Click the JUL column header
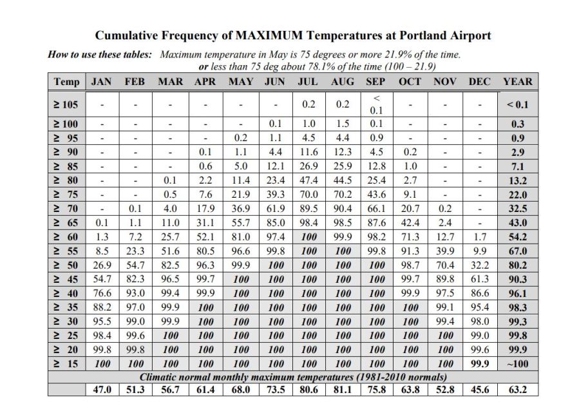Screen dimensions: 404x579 click(x=307, y=81)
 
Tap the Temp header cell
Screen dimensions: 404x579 click(x=67, y=81)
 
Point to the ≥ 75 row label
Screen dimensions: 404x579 click(x=67, y=195)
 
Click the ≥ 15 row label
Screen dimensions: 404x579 click(x=67, y=363)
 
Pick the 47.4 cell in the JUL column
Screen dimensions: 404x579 click(x=307, y=180)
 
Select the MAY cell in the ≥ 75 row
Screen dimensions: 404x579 click(x=241, y=195)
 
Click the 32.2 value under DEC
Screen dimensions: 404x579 click(x=479, y=265)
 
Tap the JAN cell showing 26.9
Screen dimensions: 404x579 click(x=102, y=265)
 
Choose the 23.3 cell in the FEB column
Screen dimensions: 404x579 click(x=135, y=251)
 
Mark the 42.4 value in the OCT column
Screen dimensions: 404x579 click(x=410, y=223)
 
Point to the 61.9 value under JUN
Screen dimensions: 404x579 click(x=276, y=209)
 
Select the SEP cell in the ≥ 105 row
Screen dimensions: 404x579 click(x=375, y=104)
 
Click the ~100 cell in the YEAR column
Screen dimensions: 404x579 click(x=518, y=363)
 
